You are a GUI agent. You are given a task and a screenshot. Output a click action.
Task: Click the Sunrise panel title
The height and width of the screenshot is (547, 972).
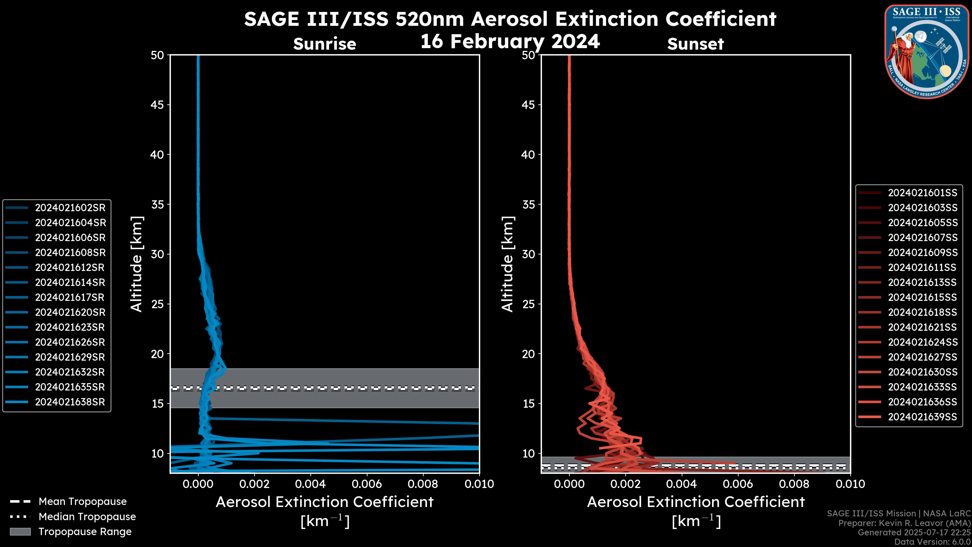tap(325, 44)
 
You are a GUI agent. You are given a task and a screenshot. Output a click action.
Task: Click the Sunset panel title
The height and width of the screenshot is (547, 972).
tap(695, 44)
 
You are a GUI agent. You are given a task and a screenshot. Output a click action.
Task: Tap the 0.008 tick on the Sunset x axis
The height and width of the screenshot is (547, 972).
tap(794, 484)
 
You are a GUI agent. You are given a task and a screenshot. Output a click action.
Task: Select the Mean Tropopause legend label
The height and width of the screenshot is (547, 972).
tap(83, 502)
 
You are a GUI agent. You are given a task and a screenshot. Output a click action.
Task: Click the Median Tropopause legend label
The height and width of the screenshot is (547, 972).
tap(87, 517)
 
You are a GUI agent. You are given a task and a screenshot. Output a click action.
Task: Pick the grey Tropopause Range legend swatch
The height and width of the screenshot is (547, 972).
tap(20, 532)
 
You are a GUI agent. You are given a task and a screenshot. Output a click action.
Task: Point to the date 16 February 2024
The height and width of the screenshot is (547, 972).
tap(510, 42)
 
